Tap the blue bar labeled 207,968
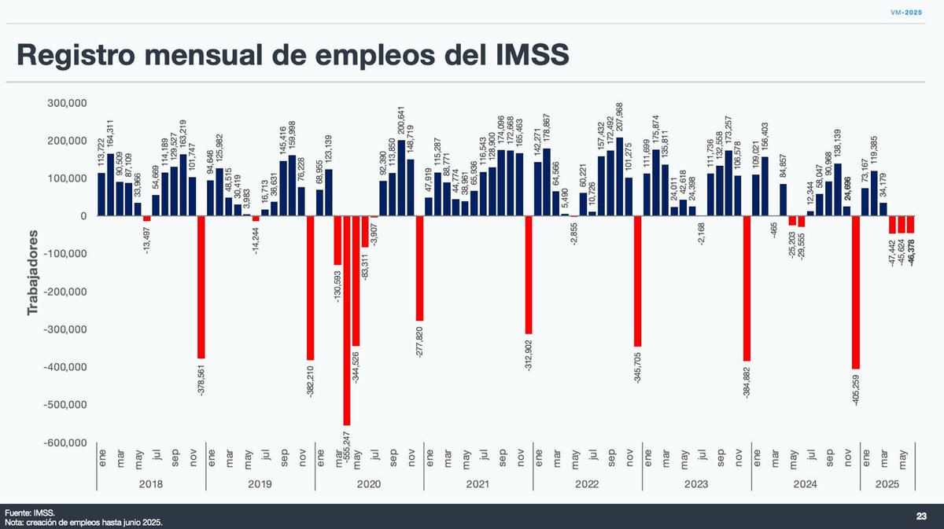point(619,177)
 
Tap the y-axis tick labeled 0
point(82,216)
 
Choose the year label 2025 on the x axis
point(887,486)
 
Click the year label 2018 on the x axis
point(150,486)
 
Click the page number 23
point(921,516)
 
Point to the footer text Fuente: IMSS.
point(29,511)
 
